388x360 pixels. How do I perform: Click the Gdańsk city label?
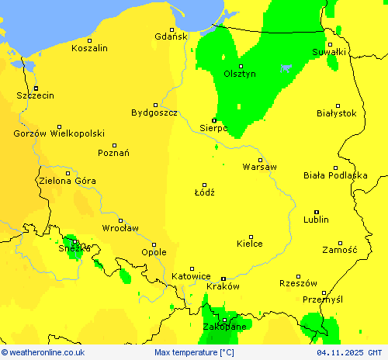pyautogui.click(x=171, y=36)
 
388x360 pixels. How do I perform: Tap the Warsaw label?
pyautogui.click(x=259, y=167)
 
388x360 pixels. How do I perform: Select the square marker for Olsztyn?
pyautogui.click(x=240, y=66)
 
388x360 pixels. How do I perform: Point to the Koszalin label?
pyautogui.click(x=89, y=48)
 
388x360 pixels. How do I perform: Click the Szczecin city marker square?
pyautogui.click(x=36, y=88)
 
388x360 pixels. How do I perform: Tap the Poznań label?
pyautogui.click(x=113, y=153)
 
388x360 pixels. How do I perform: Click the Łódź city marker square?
pyautogui.click(x=205, y=184)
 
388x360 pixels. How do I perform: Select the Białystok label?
pyautogui.click(x=337, y=113)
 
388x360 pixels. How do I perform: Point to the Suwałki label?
pyautogui.click(x=330, y=52)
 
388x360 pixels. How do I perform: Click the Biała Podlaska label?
pyautogui.click(x=335, y=175)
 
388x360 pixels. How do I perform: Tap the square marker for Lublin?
pyautogui.click(x=316, y=212)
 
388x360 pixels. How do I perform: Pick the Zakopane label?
pyautogui.click(x=224, y=327)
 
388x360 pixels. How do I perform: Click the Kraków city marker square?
pyautogui.click(x=223, y=279)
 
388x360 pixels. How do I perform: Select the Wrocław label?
pyautogui.click(x=120, y=228)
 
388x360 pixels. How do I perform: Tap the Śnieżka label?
pyautogui.click(x=74, y=248)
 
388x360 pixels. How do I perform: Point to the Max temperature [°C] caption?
pyautogui.click(x=194, y=352)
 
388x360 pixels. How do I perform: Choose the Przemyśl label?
pyautogui.click(x=322, y=299)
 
